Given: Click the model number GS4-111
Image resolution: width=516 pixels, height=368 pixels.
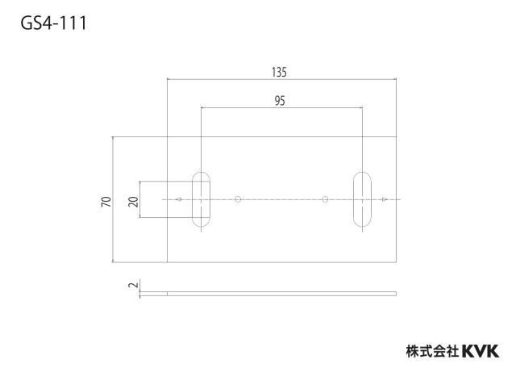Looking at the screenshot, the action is click(54, 23).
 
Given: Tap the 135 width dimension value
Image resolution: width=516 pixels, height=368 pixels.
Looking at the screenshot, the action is click(280, 72).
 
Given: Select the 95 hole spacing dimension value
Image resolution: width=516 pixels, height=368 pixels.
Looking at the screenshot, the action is click(280, 101).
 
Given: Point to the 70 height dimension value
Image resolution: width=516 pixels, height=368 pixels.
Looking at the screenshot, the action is click(106, 201).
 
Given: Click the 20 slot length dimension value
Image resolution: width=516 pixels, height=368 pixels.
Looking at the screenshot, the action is click(133, 201).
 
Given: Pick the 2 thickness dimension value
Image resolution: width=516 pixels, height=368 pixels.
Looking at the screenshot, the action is click(133, 285).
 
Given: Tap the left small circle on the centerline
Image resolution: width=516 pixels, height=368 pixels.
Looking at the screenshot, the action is click(238, 199).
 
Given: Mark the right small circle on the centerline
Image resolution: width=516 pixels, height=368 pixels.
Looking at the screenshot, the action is click(325, 199).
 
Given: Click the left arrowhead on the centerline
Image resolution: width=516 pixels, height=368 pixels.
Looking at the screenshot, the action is click(179, 199).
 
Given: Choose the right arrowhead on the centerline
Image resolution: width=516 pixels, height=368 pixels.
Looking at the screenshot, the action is click(385, 199).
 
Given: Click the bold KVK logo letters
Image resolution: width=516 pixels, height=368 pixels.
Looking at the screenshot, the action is click(481, 351).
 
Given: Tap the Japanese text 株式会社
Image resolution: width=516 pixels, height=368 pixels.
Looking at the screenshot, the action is click(432, 352).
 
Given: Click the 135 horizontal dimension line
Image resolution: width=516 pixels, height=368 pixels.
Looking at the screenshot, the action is click(281, 79).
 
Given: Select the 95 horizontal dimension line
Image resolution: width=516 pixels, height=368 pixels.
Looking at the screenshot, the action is click(281, 107).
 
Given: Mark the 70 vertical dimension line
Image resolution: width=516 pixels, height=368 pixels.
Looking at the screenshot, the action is click(113, 199).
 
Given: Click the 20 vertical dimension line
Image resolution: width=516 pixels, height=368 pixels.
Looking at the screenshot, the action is click(140, 199).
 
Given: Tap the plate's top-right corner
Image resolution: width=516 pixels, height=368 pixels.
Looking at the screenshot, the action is click(396, 136).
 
